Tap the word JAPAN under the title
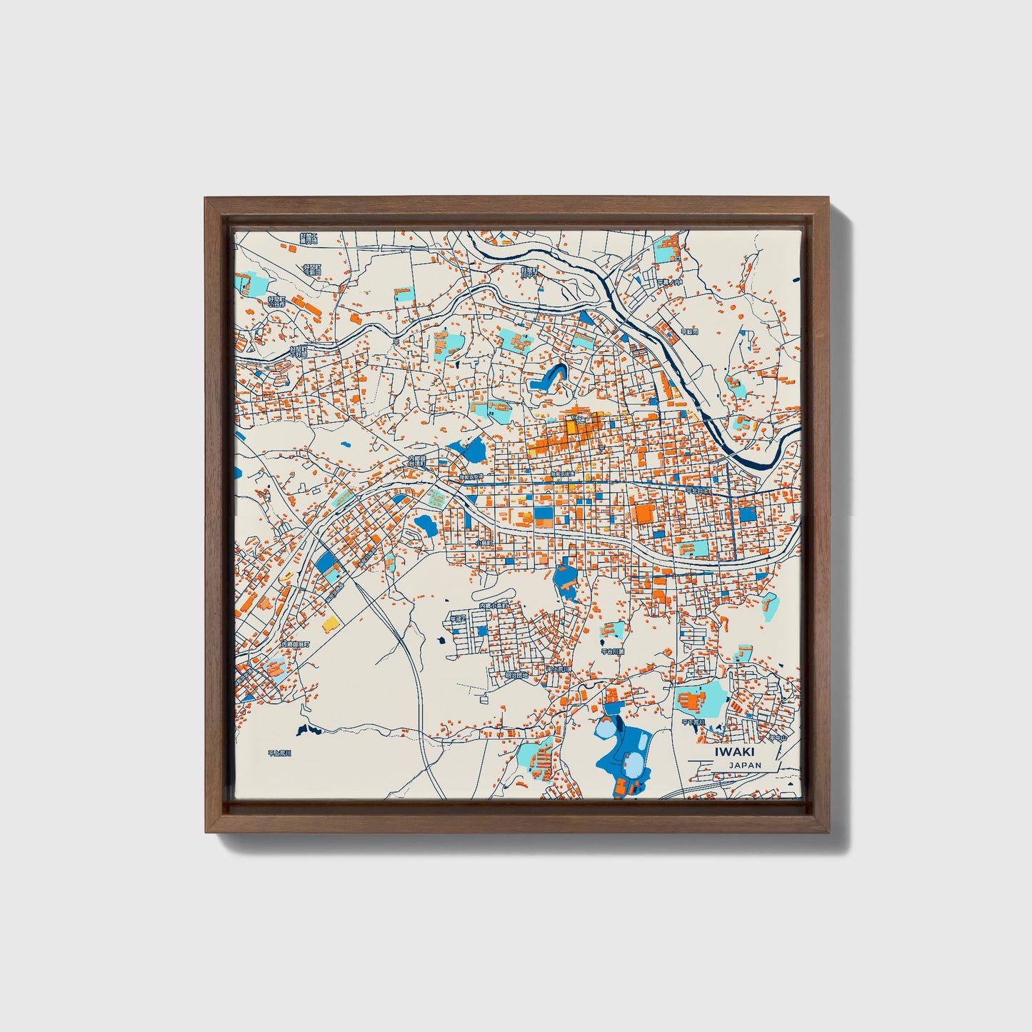745,765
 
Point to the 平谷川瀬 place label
612,651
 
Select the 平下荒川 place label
693,722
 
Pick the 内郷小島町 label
494,606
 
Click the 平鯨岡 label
688,331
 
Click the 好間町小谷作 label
277,301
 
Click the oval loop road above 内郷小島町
493,593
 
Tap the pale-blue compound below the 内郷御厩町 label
275,668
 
